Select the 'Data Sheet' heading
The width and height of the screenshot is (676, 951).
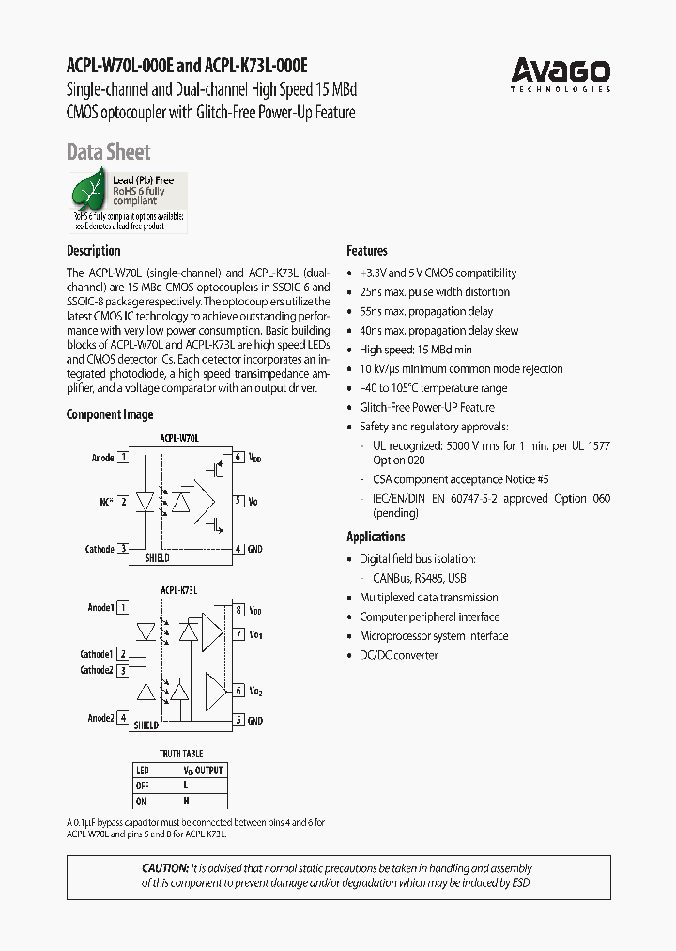tap(108, 152)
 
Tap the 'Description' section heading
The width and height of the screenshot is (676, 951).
tap(93, 251)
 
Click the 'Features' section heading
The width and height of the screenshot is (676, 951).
tap(367, 251)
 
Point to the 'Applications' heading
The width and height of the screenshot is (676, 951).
tap(376, 537)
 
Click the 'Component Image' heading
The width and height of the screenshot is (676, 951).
tap(110, 414)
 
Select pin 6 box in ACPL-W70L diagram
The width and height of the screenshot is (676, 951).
tap(238, 458)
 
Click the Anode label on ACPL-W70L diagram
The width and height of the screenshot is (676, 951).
tap(102, 459)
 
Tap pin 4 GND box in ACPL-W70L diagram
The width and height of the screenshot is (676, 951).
tap(238, 549)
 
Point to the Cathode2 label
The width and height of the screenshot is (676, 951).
tap(96, 671)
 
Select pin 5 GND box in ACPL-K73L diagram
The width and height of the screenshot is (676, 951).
tap(239, 720)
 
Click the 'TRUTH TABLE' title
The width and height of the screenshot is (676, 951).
tap(180, 754)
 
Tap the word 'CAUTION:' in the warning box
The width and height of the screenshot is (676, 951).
tap(164, 869)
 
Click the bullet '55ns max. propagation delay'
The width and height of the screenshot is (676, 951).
tap(426, 311)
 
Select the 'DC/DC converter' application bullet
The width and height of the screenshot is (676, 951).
tap(398, 655)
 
